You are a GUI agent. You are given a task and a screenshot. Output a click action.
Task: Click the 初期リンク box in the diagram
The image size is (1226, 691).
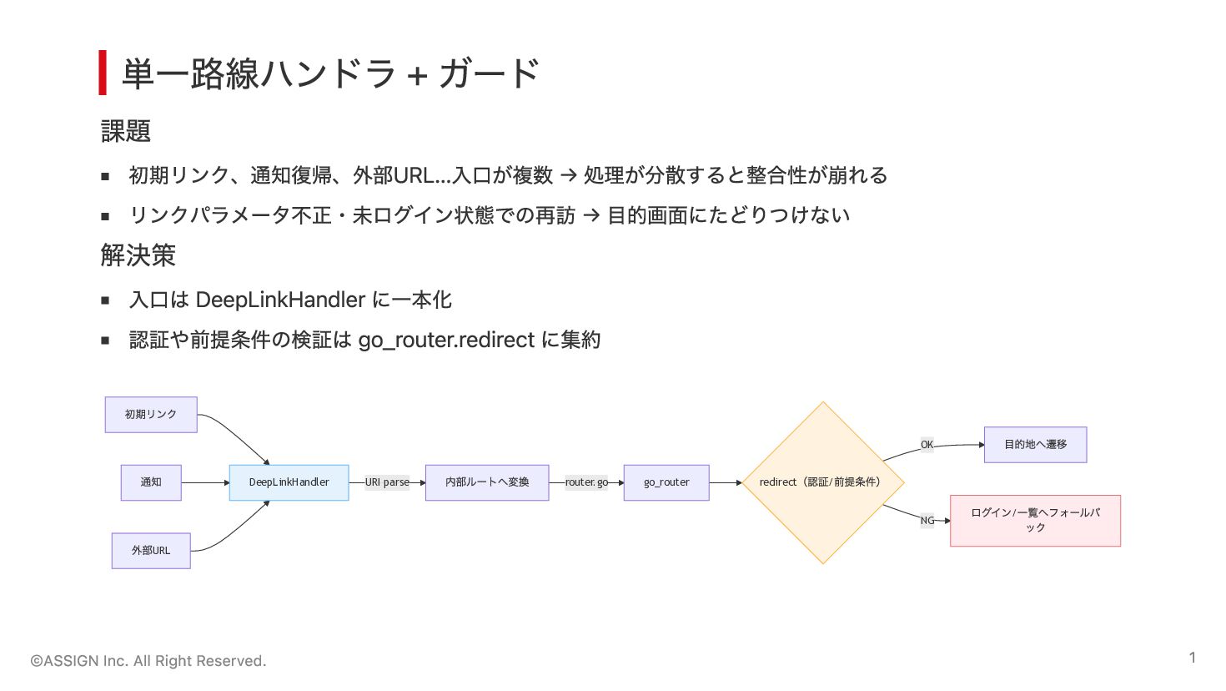[151, 415]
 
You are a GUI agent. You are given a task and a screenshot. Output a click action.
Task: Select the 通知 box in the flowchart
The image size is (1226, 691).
[151, 482]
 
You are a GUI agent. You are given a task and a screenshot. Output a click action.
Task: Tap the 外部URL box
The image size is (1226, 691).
[151, 551]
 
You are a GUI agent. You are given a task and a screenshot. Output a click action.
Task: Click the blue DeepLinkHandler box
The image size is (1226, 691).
[289, 482]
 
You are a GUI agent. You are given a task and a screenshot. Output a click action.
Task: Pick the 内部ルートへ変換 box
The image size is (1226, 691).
[487, 482]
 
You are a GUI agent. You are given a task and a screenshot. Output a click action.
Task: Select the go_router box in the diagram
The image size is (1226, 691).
[666, 482]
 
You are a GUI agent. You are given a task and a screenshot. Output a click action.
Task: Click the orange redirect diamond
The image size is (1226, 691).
[822, 482]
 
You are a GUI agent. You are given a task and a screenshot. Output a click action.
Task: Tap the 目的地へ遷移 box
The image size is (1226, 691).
[1036, 445]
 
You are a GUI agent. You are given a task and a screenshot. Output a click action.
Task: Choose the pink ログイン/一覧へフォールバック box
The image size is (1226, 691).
[1036, 521]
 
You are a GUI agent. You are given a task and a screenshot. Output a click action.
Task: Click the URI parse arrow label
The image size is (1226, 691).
[387, 482]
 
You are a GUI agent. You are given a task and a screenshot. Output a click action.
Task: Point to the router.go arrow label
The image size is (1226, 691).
[586, 482]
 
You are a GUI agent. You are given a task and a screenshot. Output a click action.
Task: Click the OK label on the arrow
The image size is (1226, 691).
[927, 445]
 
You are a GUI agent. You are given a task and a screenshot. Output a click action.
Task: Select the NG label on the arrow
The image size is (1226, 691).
[927, 520]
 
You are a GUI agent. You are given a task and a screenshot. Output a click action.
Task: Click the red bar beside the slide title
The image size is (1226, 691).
[103, 73]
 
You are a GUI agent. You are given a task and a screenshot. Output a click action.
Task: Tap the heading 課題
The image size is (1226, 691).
[126, 131]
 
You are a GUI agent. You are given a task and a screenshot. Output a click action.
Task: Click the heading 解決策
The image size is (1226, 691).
[138, 255]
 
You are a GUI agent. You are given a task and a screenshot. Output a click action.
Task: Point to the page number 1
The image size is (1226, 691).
[1192, 658]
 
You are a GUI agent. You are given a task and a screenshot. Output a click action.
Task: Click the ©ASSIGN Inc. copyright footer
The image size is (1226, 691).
[148, 661]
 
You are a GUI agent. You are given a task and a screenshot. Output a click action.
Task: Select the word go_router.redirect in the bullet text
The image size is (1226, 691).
[446, 340]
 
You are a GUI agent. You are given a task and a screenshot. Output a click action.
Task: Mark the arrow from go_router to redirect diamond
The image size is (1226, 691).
[726, 483]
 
